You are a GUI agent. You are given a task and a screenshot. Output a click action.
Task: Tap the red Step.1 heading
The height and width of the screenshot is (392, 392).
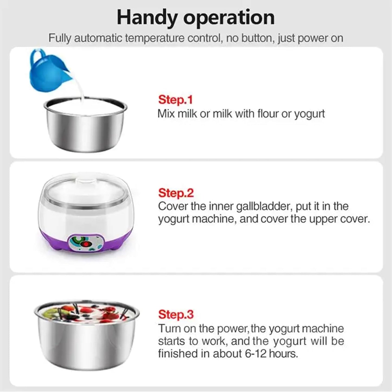pos(175,100)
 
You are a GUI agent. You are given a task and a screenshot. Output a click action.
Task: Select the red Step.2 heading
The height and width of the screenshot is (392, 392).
pos(176,193)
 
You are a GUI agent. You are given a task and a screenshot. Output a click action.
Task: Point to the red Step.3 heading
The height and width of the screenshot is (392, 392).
pos(176,314)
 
